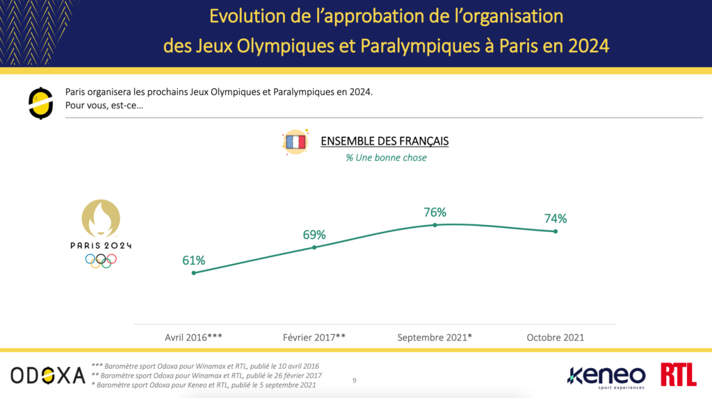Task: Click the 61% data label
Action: [x=193, y=260]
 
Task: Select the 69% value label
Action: [x=314, y=235]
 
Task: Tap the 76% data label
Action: [x=435, y=212]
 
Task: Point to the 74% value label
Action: [x=556, y=218]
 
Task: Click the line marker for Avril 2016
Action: [x=193, y=273]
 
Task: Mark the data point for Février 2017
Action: [x=314, y=247]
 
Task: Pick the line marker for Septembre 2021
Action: [x=435, y=225]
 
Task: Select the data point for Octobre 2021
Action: [x=556, y=231]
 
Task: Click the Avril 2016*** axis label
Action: [x=193, y=338]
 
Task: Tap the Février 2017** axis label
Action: [x=314, y=338]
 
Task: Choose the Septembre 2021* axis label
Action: [x=435, y=338]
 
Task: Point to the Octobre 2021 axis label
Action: [x=556, y=338]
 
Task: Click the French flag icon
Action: [x=295, y=142]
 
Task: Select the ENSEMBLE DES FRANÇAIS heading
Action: [x=385, y=142]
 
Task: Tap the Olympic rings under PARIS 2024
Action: [x=101, y=260]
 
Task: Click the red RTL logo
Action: [x=679, y=375]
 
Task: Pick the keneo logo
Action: [x=606, y=376]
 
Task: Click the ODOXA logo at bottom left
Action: [x=47, y=375]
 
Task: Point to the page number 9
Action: [x=355, y=380]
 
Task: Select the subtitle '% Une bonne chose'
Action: [x=386, y=158]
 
